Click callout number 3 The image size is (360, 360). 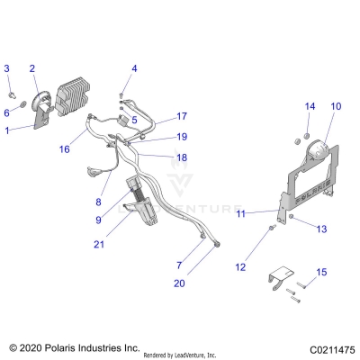[7, 68]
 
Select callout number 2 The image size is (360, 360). [32, 68]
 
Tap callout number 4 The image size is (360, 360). [134, 68]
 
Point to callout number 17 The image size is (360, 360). [181, 116]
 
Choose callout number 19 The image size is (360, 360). [181, 137]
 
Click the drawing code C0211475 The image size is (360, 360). [323, 346]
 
